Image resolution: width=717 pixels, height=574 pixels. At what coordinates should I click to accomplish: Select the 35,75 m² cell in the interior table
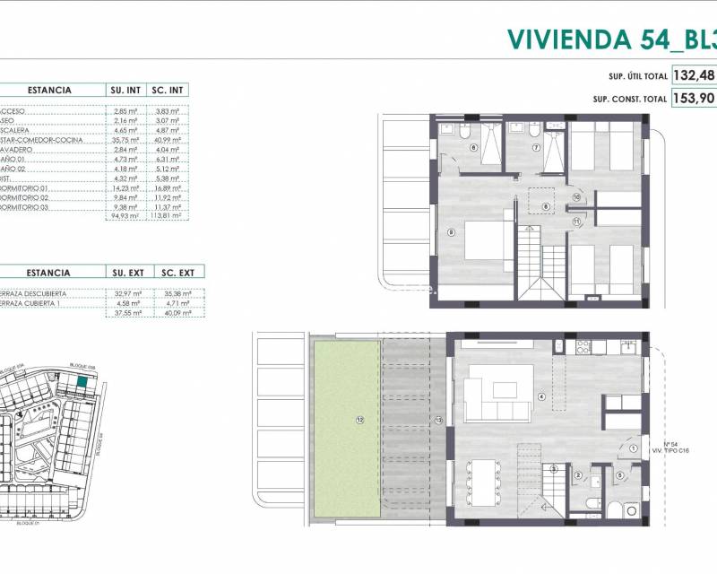(x=125, y=140)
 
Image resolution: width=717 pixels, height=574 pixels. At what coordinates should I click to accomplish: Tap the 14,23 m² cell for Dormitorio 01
(x=125, y=189)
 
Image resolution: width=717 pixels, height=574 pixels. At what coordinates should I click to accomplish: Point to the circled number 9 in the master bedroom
(x=450, y=232)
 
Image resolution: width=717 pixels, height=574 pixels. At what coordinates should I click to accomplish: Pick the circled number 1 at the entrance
(x=633, y=449)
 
